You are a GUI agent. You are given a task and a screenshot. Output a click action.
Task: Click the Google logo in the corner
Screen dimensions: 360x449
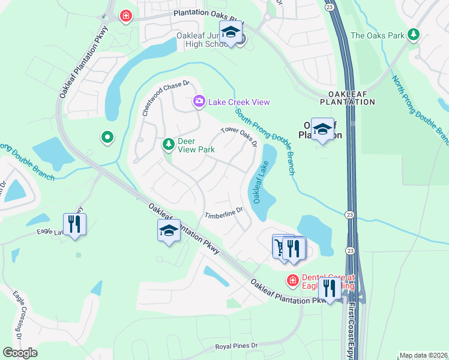coord(20,353)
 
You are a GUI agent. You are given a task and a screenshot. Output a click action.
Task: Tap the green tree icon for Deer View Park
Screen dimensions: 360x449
coord(168,143)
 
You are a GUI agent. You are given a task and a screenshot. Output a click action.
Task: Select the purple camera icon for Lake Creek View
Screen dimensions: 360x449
coord(199,102)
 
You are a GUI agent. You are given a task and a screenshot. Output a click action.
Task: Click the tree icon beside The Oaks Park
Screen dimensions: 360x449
coord(413,35)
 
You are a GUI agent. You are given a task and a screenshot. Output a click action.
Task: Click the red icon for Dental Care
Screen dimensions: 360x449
coord(292,280)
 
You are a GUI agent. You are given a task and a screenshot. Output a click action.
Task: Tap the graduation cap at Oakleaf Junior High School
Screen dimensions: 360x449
coord(230,33)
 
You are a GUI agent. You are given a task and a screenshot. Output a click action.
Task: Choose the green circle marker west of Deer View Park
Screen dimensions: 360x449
coord(107,138)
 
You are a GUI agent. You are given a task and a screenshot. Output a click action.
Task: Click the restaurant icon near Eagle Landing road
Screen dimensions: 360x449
coord(74,224)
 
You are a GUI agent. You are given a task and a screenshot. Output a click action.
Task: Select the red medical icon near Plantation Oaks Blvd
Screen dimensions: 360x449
coord(125,16)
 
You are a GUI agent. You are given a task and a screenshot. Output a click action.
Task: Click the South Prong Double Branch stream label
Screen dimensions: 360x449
coord(264,137)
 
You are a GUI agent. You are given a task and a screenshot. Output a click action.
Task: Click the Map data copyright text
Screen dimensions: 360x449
coord(423,355)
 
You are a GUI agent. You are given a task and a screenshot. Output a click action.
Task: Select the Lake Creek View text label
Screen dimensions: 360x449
coord(239,102)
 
